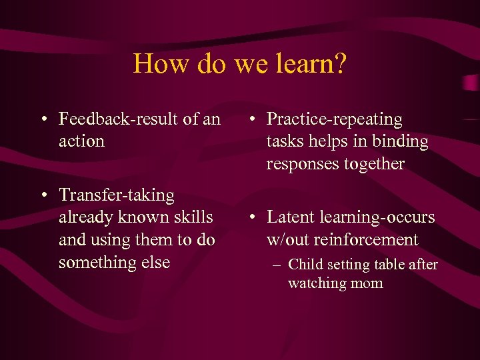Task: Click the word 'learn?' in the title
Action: pos(311,64)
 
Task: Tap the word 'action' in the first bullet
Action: pos(81,141)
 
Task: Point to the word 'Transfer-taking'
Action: pos(117,195)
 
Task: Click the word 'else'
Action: pos(156,262)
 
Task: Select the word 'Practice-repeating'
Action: pos(335,119)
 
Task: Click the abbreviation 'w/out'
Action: pos(288,239)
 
